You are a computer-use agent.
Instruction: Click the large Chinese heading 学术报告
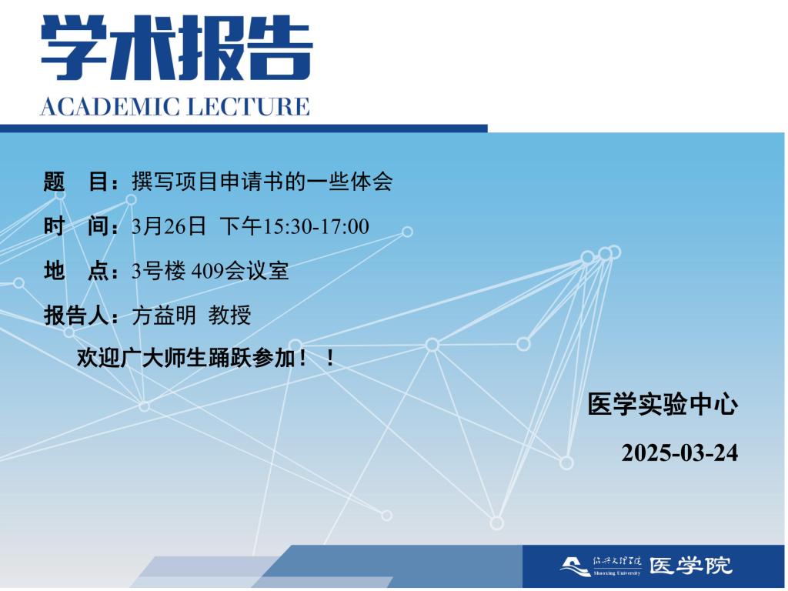tap(177, 48)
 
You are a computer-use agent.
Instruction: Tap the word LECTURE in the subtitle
tap(249, 106)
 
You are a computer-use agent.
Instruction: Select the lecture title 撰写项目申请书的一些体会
tap(262, 182)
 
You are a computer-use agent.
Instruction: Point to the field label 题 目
tap(80, 182)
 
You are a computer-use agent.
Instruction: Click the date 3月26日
tap(169, 226)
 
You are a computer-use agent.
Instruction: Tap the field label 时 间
tap(80, 226)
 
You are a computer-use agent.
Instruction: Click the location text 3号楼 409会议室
tap(210, 271)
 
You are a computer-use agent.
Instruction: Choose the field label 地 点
tap(80, 271)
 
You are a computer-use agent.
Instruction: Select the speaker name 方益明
tap(164, 316)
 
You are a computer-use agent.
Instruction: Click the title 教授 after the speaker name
tap(229, 316)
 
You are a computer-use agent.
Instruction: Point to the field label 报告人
tap(80, 316)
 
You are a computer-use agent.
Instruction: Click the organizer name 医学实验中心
tap(663, 405)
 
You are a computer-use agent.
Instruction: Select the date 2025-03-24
tap(679, 452)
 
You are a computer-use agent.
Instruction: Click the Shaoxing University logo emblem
tap(576, 566)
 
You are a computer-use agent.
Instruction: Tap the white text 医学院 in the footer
tap(690, 566)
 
